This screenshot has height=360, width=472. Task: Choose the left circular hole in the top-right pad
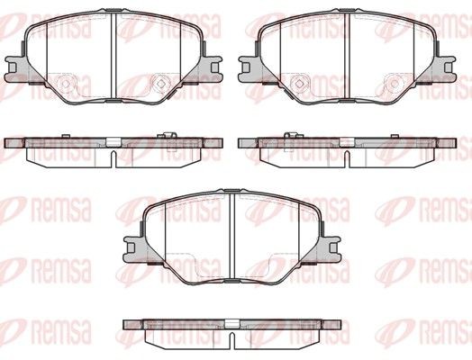point(298,84)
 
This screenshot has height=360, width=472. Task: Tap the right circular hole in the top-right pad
point(394,84)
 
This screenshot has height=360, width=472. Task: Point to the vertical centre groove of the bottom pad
point(231,234)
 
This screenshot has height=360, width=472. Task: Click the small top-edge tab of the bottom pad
point(231,192)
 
